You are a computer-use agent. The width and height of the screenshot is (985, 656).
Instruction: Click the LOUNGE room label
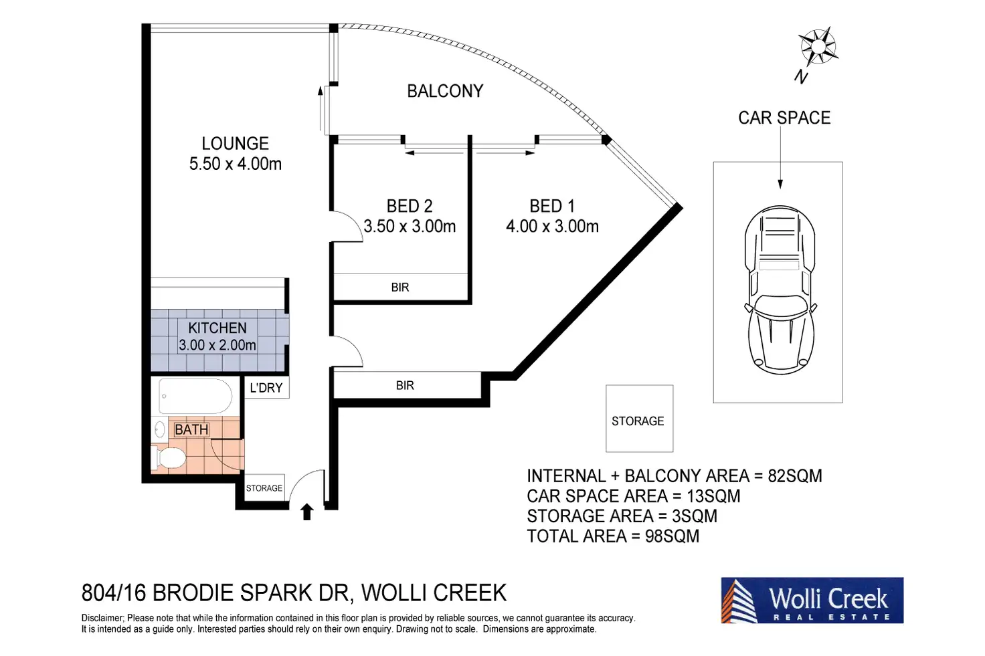(x=235, y=144)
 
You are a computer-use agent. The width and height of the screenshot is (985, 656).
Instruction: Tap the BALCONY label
(x=445, y=91)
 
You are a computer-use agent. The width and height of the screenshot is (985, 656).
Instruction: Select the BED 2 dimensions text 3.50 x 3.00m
(x=410, y=227)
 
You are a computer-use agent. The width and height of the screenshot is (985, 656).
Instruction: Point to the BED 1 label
(x=552, y=206)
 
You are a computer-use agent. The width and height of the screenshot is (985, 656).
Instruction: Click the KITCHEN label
(x=217, y=328)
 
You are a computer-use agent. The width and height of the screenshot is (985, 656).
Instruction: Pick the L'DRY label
(x=266, y=388)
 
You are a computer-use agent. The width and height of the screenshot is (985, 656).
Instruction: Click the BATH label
(x=191, y=430)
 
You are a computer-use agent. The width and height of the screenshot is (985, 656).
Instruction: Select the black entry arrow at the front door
(x=307, y=512)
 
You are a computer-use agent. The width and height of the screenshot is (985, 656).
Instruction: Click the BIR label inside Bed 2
(x=400, y=288)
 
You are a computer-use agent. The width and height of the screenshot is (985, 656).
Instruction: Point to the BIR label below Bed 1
(x=405, y=386)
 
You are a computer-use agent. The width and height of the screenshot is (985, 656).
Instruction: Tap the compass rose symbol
(x=818, y=47)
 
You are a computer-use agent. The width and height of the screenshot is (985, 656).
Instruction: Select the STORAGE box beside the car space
(x=639, y=419)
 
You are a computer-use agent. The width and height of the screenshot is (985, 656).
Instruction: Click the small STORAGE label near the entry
(x=264, y=488)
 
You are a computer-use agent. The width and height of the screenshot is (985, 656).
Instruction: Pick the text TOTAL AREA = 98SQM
(x=613, y=536)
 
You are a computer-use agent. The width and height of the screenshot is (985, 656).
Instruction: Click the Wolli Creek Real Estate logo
(x=812, y=600)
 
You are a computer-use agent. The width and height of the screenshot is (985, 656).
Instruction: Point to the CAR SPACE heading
(x=784, y=118)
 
